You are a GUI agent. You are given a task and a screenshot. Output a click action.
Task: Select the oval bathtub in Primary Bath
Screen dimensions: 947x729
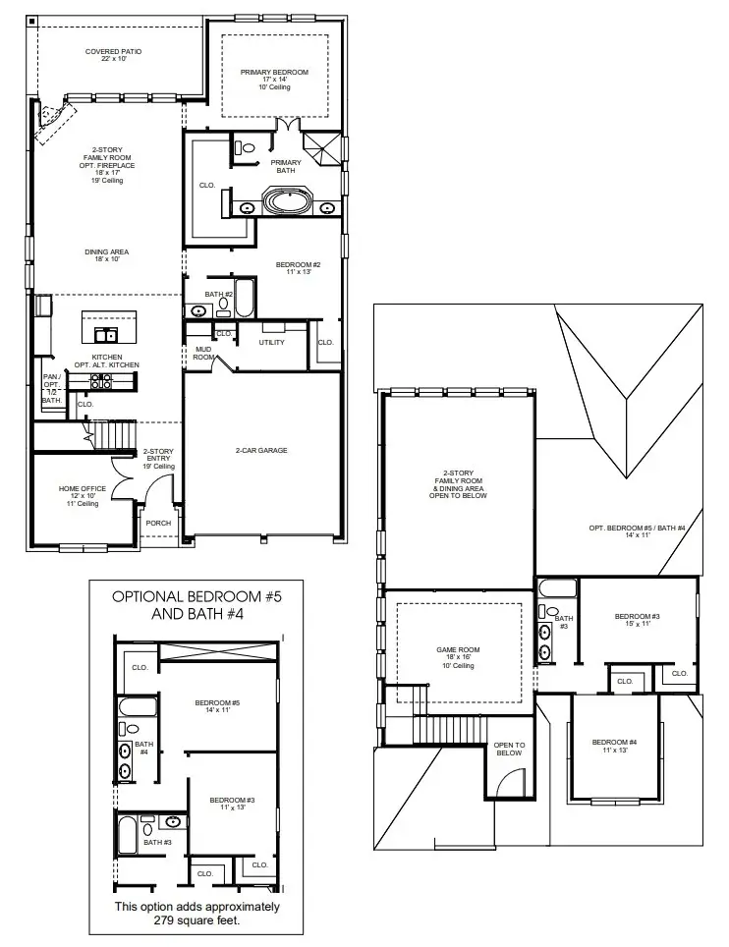click(x=288, y=205)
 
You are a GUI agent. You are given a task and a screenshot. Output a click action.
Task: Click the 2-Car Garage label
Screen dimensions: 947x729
click(x=260, y=450)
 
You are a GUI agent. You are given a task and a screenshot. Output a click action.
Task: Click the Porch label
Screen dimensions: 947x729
click(x=158, y=523)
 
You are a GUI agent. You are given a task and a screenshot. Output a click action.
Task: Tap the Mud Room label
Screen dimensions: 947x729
click(x=202, y=354)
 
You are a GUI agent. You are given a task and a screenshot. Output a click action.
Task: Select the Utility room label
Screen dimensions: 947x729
click(x=271, y=343)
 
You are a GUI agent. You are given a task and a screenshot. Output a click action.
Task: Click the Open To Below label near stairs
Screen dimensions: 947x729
click(x=508, y=749)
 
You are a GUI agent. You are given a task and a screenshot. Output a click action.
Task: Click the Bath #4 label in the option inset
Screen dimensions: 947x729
click(x=143, y=749)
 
